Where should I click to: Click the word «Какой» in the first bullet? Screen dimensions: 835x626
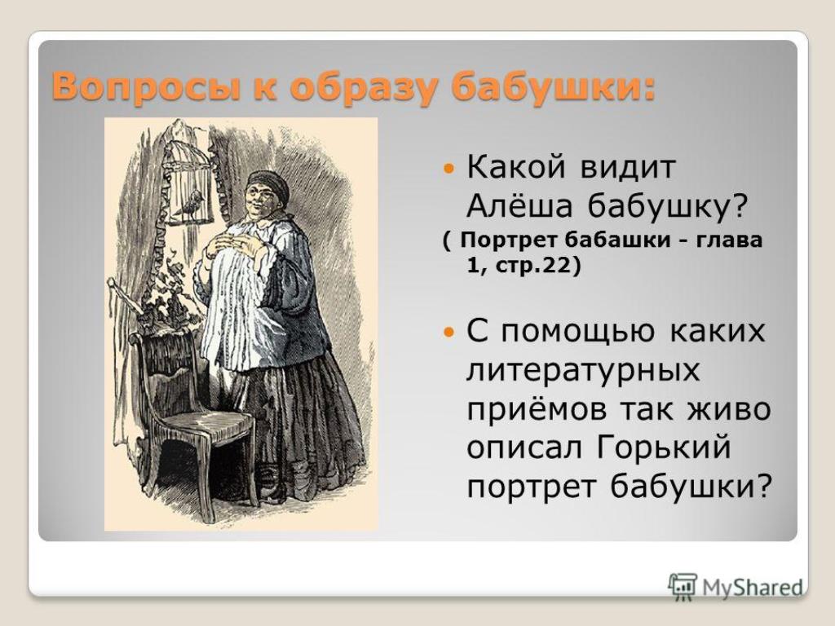pos(515,167)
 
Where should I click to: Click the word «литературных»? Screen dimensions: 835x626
pos(583,371)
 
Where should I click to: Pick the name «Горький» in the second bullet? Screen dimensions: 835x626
pos(663,448)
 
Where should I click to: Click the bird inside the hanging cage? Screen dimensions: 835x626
pos(190,203)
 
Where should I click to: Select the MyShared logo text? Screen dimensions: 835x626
pos(753,588)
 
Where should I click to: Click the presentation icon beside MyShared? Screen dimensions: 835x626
pos(683,587)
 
